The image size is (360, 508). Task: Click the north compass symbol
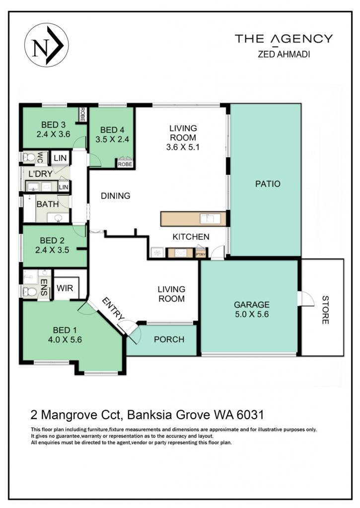point(46,45)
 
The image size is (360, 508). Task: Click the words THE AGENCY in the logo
point(284,39)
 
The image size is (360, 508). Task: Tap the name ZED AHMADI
point(284,54)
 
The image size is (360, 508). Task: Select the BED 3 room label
point(53,125)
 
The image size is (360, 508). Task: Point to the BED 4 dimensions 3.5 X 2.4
point(112,139)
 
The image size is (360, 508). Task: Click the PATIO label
point(268,184)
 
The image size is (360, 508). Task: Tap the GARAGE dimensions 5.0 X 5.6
point(252,314)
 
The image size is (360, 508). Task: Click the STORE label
point(325,310)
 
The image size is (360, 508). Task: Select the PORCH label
point(169,339)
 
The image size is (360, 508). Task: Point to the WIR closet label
point(65,288)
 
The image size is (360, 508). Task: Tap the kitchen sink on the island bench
point(207,218)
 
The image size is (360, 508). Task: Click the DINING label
point(116,195)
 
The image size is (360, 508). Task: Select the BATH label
point(48,204)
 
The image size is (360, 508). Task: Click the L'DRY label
point(41,174)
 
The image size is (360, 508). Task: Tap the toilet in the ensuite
point(29,292)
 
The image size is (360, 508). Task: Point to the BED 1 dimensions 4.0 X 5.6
point(65,339)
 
